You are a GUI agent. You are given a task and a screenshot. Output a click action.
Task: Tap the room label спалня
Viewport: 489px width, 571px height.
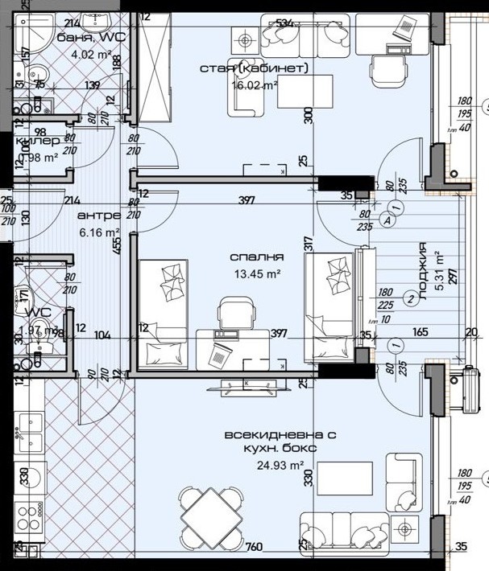pos(257,257)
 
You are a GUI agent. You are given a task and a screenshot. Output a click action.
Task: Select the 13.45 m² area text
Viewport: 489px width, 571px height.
pos(257,273)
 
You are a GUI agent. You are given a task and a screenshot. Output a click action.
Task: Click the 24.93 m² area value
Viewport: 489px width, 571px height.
pos(280,465)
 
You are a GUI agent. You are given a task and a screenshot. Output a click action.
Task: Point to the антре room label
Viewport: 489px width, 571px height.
pos(99,216)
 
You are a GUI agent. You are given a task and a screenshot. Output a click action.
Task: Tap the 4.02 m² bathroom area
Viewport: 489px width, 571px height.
pos(91,55)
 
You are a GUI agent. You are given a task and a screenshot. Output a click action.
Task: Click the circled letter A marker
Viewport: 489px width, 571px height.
pos(388,219)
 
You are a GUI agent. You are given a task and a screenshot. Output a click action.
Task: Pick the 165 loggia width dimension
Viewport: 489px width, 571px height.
pos(421,331)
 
